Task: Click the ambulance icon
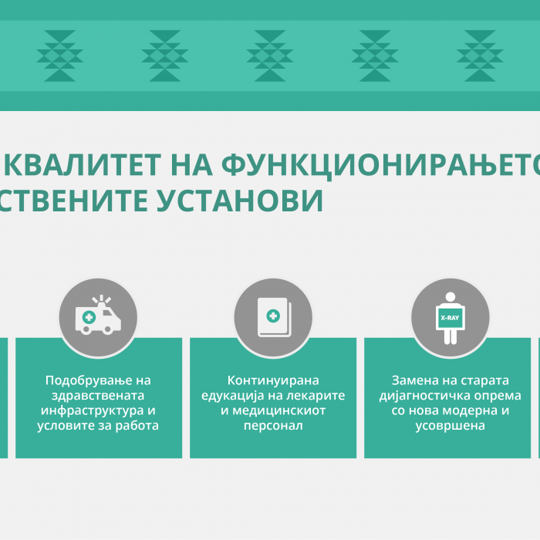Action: click(x=98, y=315)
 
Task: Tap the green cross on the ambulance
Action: click(x=89, y=317)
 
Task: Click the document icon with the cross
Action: click(x=275, y=317)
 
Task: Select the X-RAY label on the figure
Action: click(x=450, y=318)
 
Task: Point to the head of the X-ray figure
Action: click(x=450, y=297)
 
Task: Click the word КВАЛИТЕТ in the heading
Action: click(x=83, y=165)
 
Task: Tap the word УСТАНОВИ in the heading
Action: click(x=240, y=201)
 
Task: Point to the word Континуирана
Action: click(x=273, y=380)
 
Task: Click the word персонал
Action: click(x=273, y=426)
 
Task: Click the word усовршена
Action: click(x=450, y=426)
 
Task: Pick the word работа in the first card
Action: click(x=137, y=426)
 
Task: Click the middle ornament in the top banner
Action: click(x=270, y=56)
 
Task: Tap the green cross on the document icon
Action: click(x=273, y=316)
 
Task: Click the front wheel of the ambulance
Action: click(x=107, y=329)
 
